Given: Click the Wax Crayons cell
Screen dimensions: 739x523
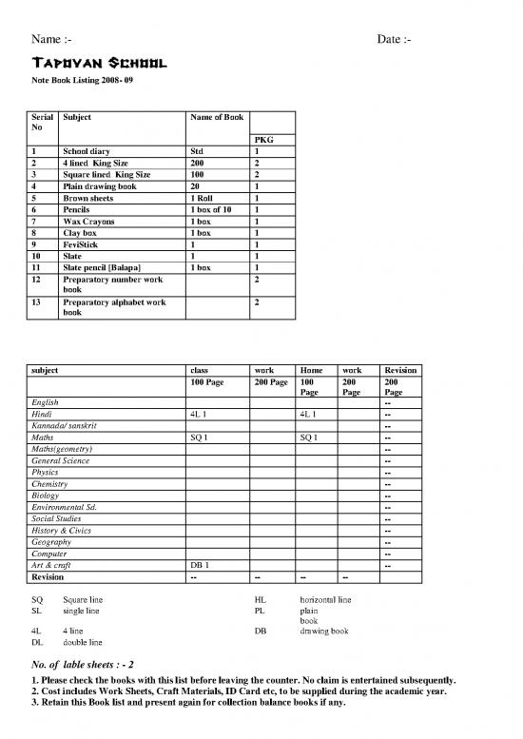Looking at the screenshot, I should coord(88,221).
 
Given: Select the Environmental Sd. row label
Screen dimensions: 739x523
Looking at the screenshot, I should coord(71,507).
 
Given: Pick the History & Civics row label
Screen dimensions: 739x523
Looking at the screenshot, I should coord(69,531).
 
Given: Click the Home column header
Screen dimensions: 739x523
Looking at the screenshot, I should coord(311,369).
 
